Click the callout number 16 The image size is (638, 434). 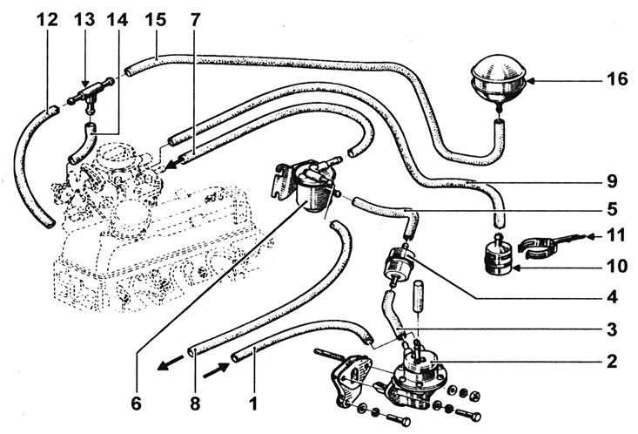coord(617,78)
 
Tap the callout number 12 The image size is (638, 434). coord(47,19)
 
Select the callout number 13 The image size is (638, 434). coord(84,19)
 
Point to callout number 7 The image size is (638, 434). coord(195,19)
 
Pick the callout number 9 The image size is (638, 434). coord(612,181)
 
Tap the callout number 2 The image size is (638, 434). coord(612,362)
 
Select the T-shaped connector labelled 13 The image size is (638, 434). coord(91,94)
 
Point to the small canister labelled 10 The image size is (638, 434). coord(499,256)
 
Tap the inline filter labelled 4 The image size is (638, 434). coord(399,265)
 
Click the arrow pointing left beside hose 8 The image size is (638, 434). coord(171,362)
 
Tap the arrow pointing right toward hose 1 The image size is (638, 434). coord(216,370)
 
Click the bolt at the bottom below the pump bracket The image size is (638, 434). coord(398,419)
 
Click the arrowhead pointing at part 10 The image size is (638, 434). coord(517,268)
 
